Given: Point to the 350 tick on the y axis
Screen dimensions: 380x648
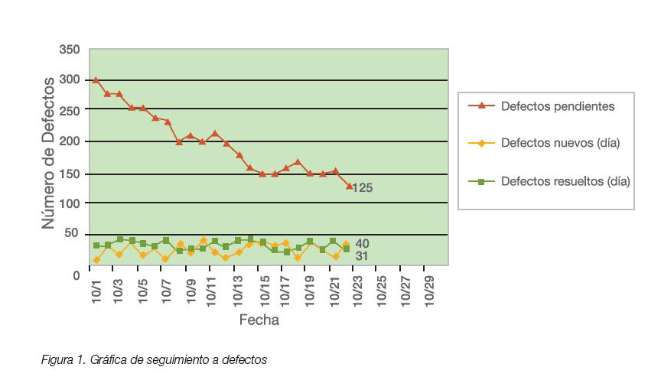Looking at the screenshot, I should [x=69, y=50].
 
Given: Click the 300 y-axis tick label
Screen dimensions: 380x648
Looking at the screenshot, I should [x=69, y=80].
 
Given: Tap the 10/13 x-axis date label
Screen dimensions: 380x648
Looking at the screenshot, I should [x=239, y=294].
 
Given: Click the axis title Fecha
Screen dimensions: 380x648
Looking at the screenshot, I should [x=259, y=320].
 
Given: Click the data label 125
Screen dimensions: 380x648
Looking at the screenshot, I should [x=362, y=187].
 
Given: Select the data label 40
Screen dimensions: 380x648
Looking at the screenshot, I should [x=362, y=243].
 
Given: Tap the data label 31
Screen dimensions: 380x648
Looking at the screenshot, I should [x=362, y=256].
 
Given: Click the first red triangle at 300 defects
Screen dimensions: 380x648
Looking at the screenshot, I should [x=96, y=80].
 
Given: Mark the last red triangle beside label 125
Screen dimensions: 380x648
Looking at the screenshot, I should [x=350, y=186].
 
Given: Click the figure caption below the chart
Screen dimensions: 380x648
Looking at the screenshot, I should [x=154, y=359].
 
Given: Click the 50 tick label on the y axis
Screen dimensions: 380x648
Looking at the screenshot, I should [x=72, y=234].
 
